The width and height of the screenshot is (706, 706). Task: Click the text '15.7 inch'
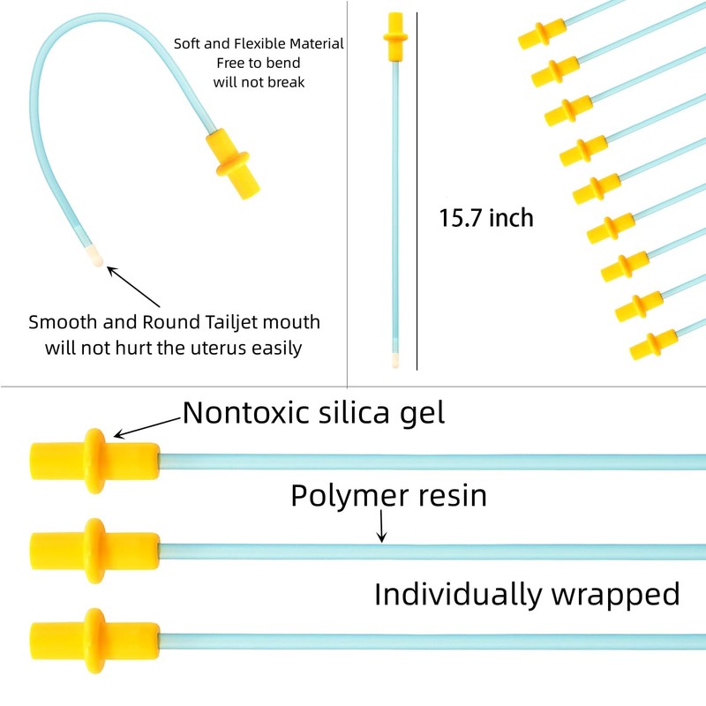click(486, 218)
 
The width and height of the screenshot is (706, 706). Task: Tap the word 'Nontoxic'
click(246, 412)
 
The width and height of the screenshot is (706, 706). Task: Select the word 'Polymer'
click(349, 497)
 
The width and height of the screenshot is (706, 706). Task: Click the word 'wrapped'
click(616, 595)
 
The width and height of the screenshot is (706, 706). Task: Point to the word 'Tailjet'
click(231, 323)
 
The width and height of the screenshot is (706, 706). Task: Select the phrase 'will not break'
click(259, 82)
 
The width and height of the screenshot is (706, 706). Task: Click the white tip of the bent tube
click(94, 256)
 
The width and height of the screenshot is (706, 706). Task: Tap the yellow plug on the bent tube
click(232, 164)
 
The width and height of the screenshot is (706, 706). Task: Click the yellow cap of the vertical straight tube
click(395, 37)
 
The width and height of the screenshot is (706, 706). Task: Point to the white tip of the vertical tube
click(395, 360)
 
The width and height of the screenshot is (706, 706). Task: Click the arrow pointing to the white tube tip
click(133, 287)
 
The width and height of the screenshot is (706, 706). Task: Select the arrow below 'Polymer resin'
click(382, 526)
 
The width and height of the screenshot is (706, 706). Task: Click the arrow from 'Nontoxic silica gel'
click(146, 427)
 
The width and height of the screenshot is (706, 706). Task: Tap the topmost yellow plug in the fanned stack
click(542, 34)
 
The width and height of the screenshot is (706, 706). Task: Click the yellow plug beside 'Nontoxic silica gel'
click(95, 461)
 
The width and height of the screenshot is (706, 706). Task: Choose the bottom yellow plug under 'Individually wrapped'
click(95, 642)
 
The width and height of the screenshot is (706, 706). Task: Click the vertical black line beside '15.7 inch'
click(417, 192)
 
